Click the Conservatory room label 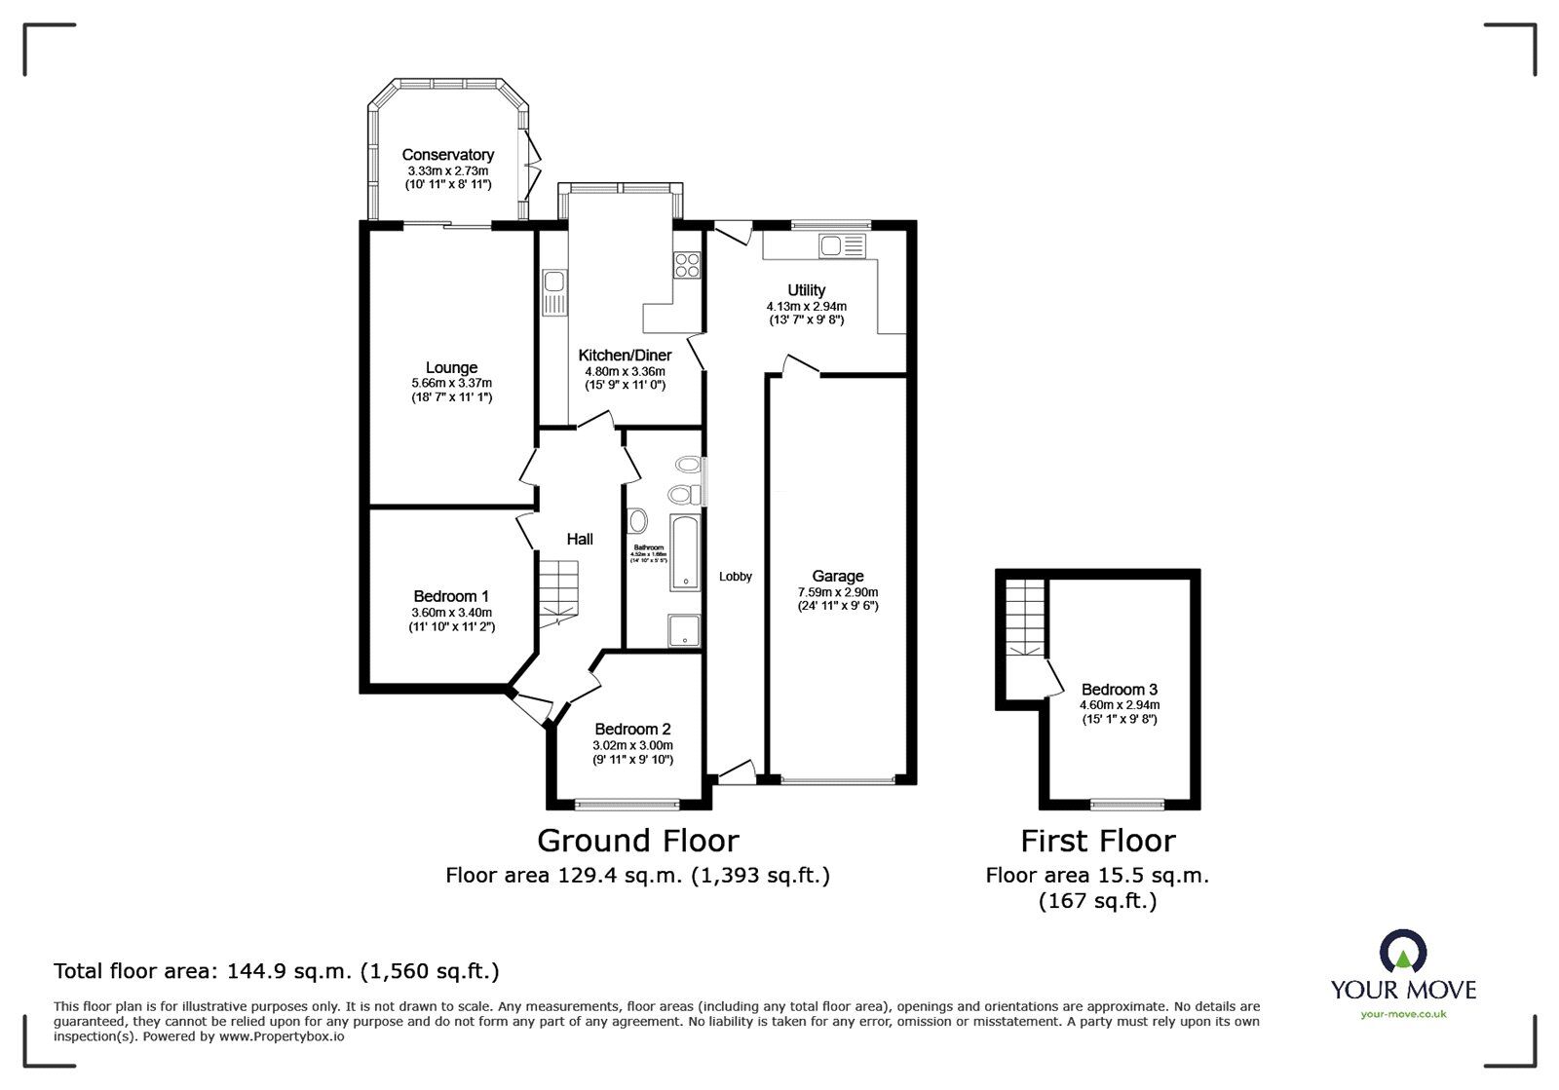447,155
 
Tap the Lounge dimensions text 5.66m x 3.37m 451,383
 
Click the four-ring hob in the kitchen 687,265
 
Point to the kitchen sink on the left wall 555,292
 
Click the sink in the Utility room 842,245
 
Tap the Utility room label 806,290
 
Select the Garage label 837,577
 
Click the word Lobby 736,577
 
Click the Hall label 580,539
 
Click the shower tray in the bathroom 685,629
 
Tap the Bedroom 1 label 451,596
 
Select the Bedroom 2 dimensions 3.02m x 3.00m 633,745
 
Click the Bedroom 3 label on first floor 1119,690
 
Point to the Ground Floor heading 637,841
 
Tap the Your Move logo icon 1403,954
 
